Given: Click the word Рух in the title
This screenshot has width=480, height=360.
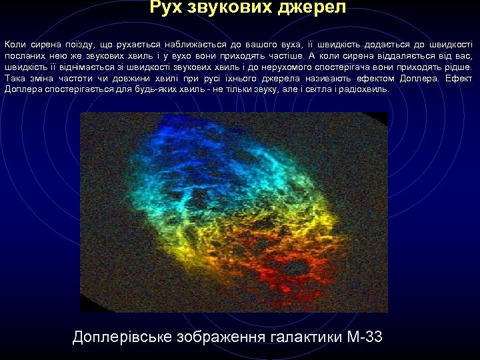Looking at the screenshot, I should click(x=167, y=8).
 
